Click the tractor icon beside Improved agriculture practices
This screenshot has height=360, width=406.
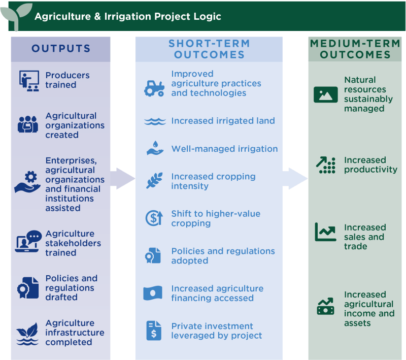tap(154, 88)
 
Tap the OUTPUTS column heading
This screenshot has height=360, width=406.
tap(61, 49)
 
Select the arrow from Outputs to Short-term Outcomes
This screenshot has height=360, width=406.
tap(123, 178)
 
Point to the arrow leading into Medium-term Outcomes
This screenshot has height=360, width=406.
tap(295, 178)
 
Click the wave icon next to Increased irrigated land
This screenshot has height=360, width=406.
tap(155, 121)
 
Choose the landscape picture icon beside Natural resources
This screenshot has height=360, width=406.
tap(325, 95)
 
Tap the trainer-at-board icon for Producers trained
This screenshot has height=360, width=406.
tap(29, 81)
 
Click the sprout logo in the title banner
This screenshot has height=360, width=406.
tap(16, 16)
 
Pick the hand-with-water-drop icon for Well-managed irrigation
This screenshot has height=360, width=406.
tap(155, 148)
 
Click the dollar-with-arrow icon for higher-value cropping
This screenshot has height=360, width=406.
tap(154, 218)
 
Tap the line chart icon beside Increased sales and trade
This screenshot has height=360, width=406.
tap(325, 232)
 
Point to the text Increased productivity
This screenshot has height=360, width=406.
tap(370, 165)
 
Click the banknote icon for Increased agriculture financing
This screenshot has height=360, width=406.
tap(153, 293)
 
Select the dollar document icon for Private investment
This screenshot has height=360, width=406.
tap(154, 331)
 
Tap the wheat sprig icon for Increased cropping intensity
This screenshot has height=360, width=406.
tap(154, 181)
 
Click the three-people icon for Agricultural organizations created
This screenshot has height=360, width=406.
tap(28, 124)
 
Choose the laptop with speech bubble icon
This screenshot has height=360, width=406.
tap(28, 241)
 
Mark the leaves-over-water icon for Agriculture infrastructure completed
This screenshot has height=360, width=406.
tap(27, 334)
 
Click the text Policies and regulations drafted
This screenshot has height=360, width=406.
tap(72, 288)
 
